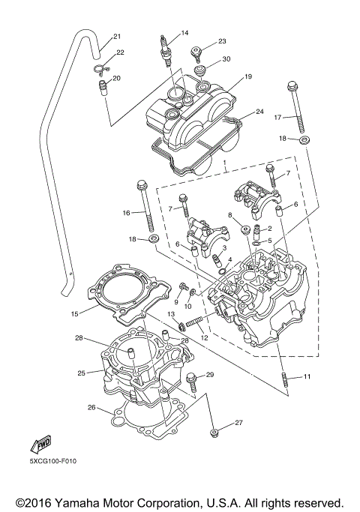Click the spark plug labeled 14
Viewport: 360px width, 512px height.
165,51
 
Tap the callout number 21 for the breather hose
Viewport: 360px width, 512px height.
117,37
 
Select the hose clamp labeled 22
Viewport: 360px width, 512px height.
101,69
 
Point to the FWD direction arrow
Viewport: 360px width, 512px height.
40,445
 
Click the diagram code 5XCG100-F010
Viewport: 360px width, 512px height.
54,461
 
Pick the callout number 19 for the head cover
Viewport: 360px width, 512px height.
248,76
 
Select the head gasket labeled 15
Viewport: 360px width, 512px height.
129,294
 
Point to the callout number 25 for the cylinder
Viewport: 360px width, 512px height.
82,373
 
